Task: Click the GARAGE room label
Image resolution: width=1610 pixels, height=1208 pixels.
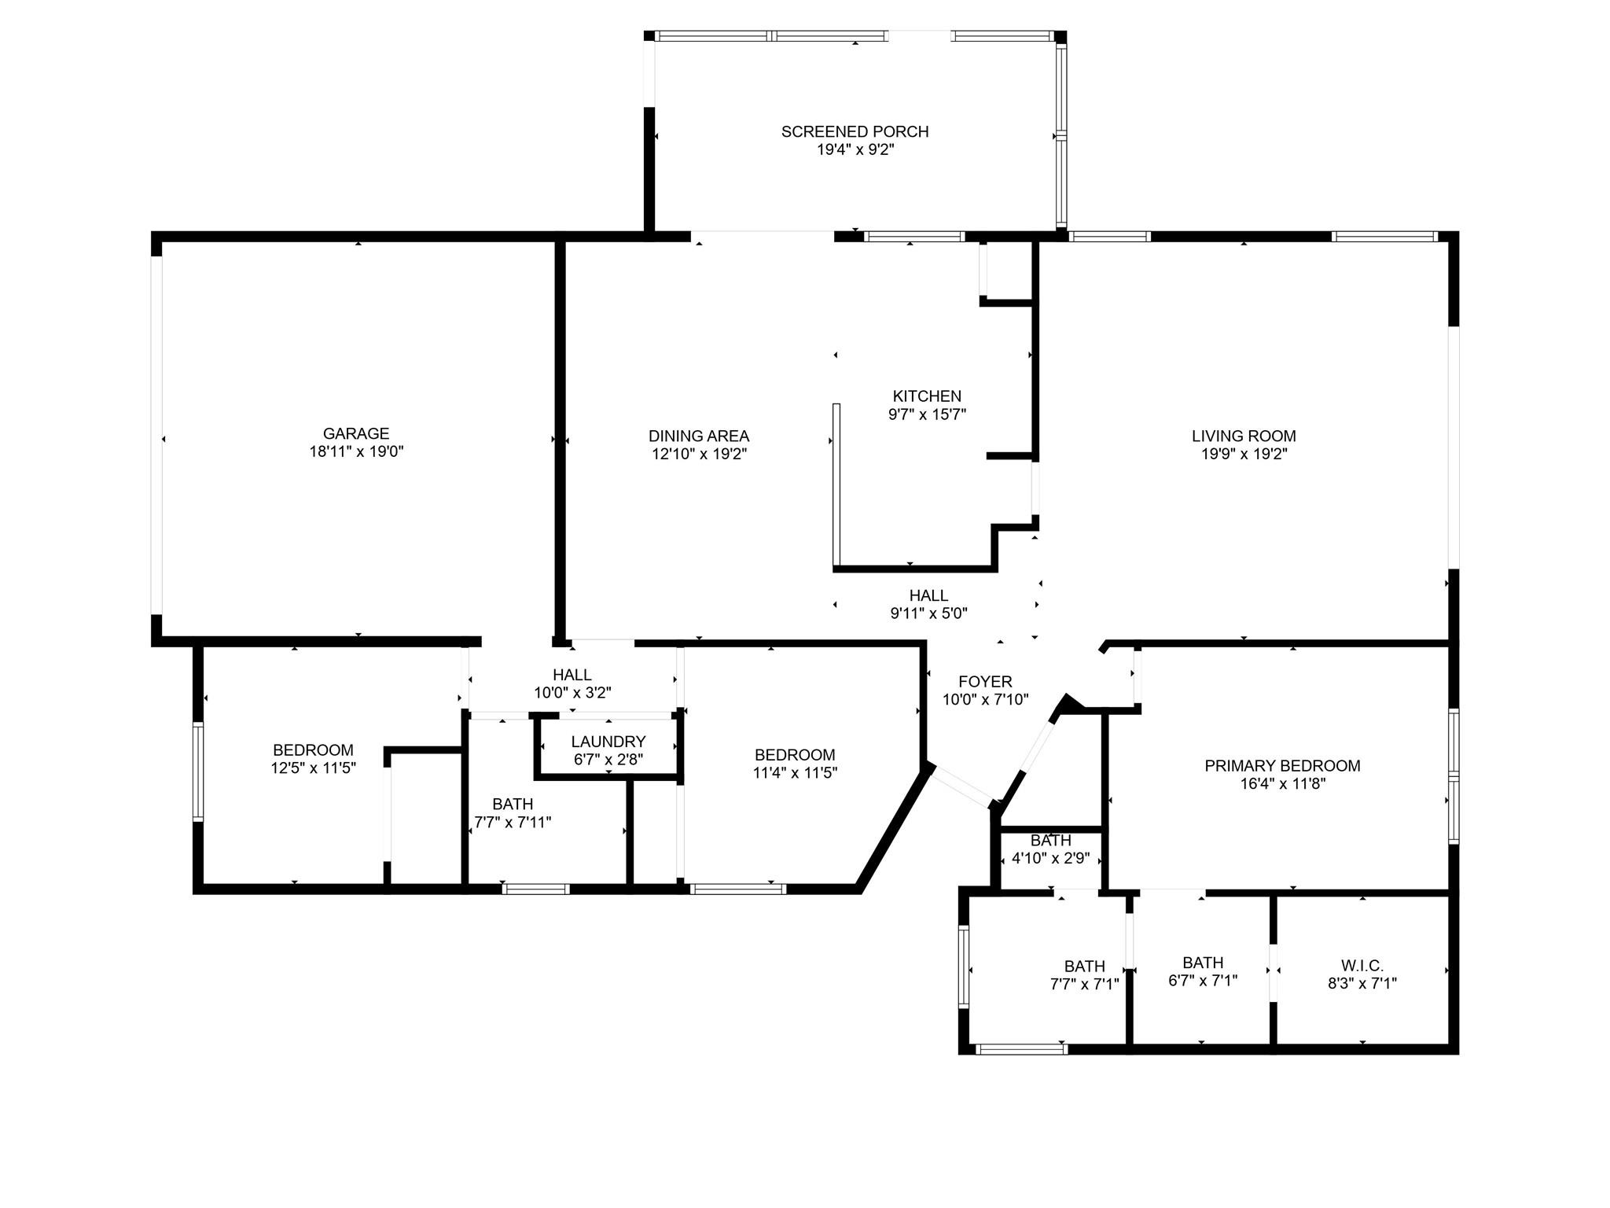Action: pos(356,433)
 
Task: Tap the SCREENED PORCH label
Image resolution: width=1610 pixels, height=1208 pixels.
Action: pos(855,131)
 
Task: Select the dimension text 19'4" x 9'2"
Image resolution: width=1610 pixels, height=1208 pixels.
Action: pos(855,149)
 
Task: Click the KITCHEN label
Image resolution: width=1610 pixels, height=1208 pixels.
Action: pos(927,396)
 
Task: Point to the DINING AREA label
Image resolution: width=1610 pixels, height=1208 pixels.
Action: pos(699,436)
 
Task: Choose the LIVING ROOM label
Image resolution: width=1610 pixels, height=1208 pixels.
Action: pos(1244,436)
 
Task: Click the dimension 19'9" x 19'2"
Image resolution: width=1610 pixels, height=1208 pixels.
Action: pos(1244,454)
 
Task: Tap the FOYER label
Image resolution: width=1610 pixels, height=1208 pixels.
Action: pos(985,682)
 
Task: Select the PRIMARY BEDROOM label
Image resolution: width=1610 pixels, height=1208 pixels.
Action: pos(1282,765)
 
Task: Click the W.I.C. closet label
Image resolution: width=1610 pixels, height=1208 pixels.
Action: pos(1362,965)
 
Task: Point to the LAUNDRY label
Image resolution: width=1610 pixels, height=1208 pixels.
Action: pos(608,742)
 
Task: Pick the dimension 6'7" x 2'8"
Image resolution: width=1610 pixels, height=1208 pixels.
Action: pos(608,760)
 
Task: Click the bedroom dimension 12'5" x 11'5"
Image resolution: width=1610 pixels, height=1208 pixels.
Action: pos(314,768)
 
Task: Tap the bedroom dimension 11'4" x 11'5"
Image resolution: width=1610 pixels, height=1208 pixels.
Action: pos(795,773)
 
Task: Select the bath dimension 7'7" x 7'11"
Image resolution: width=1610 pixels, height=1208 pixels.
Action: pos(513,823)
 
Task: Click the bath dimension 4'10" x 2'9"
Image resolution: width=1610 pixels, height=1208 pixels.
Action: pos(1050,858)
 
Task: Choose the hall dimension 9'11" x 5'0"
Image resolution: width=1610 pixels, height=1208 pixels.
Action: pos(928,613)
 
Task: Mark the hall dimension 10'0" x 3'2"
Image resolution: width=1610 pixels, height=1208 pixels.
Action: pos(572,693)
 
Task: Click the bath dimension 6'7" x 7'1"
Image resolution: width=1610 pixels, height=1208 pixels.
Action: pos(1203,981)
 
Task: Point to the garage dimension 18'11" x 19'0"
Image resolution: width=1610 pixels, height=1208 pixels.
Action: pos(356,451)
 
